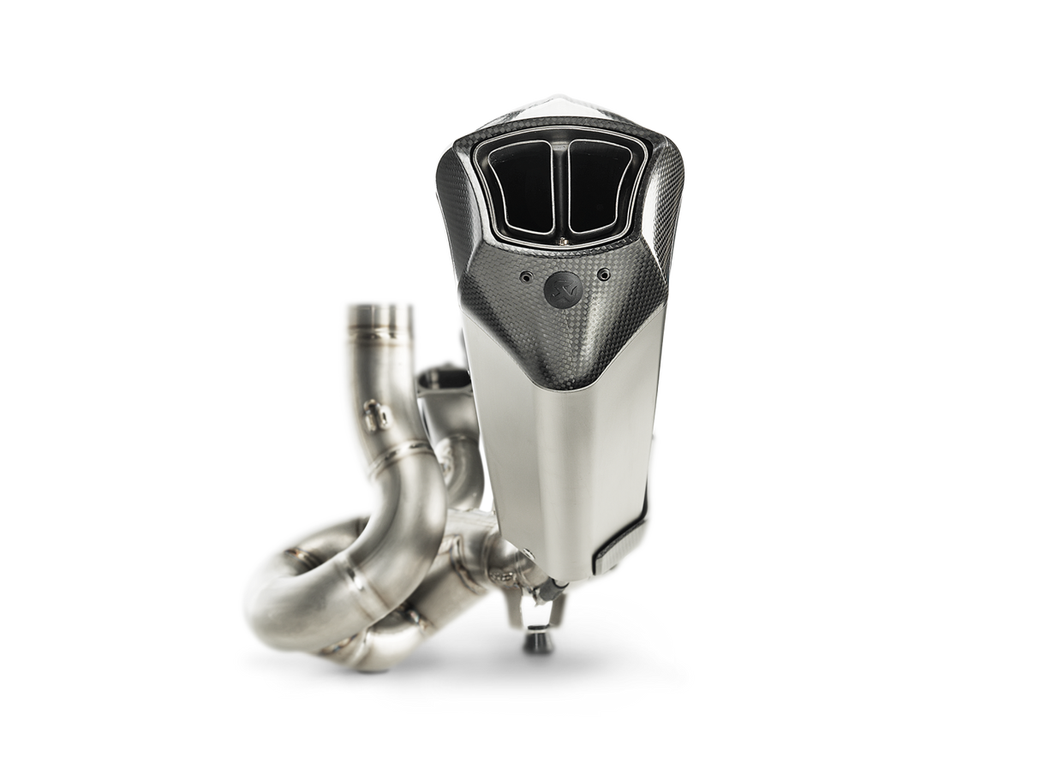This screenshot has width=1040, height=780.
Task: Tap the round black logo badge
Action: coord(560,283)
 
